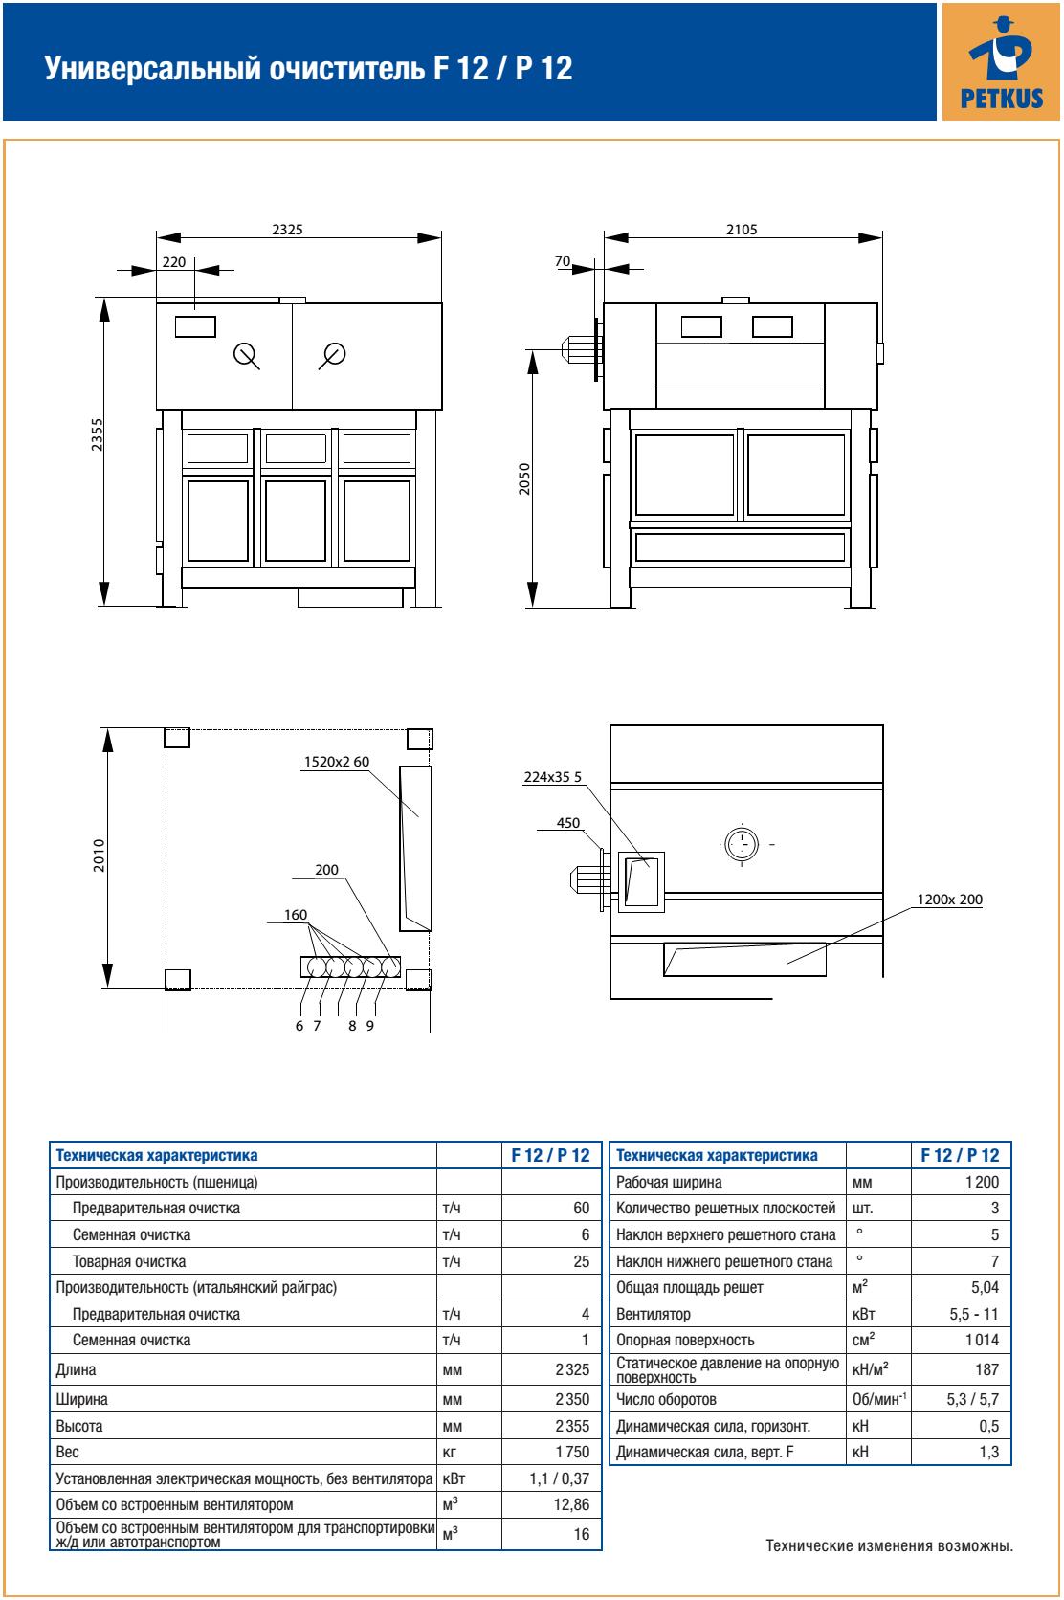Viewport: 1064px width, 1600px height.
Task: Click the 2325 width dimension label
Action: click(x=289, y=230)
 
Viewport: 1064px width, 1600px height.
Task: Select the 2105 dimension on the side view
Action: click(x=742, y=230)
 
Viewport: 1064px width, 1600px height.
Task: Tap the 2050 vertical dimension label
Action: click(x=523, y=478)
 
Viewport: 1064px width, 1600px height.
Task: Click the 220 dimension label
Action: click(x=175, y=260)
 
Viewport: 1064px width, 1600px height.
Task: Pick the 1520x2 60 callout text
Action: click(x=336, y=762)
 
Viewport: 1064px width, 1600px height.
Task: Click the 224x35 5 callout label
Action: click(x=552, y=777)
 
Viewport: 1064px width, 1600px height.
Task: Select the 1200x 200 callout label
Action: click(x=949, y=900)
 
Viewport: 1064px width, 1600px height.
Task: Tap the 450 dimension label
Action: click(x=568, y=822)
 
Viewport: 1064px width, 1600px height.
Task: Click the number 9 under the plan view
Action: click(x=369, y=1026)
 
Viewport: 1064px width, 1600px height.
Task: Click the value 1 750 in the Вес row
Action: click(x=572, y=1452)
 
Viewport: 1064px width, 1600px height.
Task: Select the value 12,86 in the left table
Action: click(x=572, y=1504)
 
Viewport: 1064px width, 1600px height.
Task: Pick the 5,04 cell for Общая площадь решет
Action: click(x=984, y=1287)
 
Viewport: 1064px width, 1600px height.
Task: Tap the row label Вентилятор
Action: click(x=653, y=1314)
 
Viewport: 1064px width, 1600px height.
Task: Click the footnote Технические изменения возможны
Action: click(x=889, y=1545)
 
